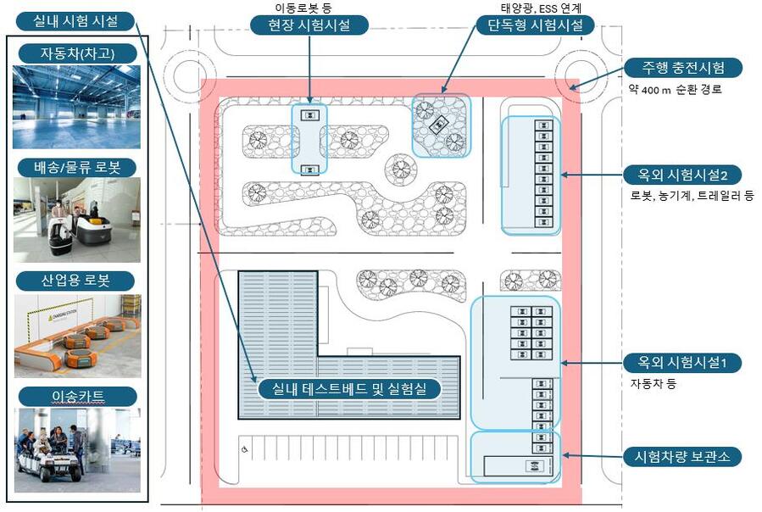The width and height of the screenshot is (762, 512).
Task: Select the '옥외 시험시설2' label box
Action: pyautogui.click(x=682, y=175)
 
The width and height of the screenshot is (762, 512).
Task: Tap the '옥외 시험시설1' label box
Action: pyautogui.click(x=682, y=364)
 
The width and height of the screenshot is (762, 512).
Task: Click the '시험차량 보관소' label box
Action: pyautogui.click(x=682, y=457)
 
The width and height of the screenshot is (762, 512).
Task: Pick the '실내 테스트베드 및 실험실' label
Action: pyautogui.click(x=350, y=389)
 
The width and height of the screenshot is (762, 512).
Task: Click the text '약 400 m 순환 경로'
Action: pyautogui.click(x=676, y=89)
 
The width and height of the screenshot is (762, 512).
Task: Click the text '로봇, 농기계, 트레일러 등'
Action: pyautogui.click(x=692, y=196)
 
